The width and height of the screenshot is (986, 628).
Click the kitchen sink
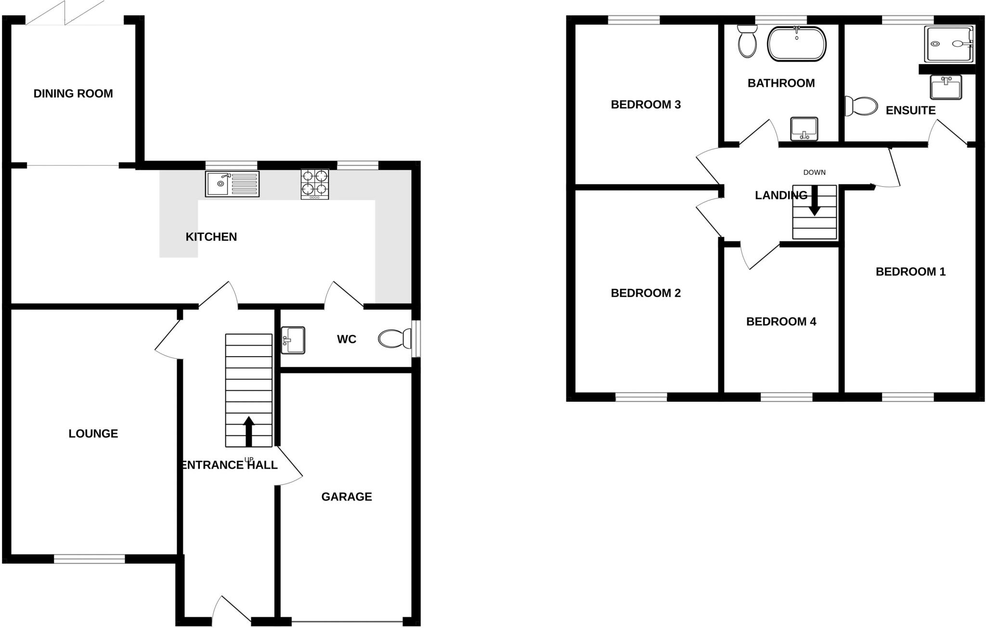(232, 184)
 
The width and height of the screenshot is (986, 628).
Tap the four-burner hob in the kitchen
(315, 184)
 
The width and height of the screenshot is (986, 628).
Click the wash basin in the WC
(293, 340)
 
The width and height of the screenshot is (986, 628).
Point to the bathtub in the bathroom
(797, 44)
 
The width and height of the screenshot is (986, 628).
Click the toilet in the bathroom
(747, 41)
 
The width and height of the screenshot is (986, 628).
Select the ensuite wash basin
(946, 87)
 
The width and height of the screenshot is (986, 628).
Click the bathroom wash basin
(804, 128)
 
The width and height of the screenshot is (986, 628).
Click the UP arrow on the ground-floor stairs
(248, 431)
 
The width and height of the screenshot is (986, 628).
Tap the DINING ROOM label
(73, 93)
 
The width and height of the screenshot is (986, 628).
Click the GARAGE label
(347, 497)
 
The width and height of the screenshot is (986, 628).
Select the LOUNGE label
(93, 434)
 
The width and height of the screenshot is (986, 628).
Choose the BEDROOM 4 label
(781, 321)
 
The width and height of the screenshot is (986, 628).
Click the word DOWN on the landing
(814, 172)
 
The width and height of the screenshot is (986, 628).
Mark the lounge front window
(90, 559)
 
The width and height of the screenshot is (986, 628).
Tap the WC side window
(416, 339)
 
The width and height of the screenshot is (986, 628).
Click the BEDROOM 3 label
(646, 104)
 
